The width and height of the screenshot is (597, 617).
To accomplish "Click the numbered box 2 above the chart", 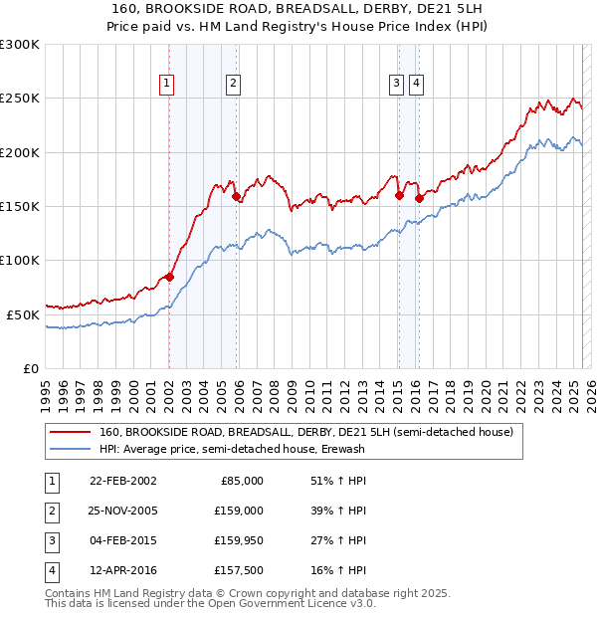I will (233, 84).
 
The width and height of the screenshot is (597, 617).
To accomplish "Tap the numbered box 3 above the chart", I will (396, 84).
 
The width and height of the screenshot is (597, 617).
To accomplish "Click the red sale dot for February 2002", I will (169, 277).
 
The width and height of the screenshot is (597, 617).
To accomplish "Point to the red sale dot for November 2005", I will (236, 197).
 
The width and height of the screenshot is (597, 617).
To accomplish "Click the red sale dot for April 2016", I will (419, 198).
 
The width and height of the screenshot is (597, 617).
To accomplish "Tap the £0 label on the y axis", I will (31, 368).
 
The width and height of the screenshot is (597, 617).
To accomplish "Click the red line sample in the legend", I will (70, 433).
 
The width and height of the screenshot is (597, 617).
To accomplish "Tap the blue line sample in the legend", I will (70, 450).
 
